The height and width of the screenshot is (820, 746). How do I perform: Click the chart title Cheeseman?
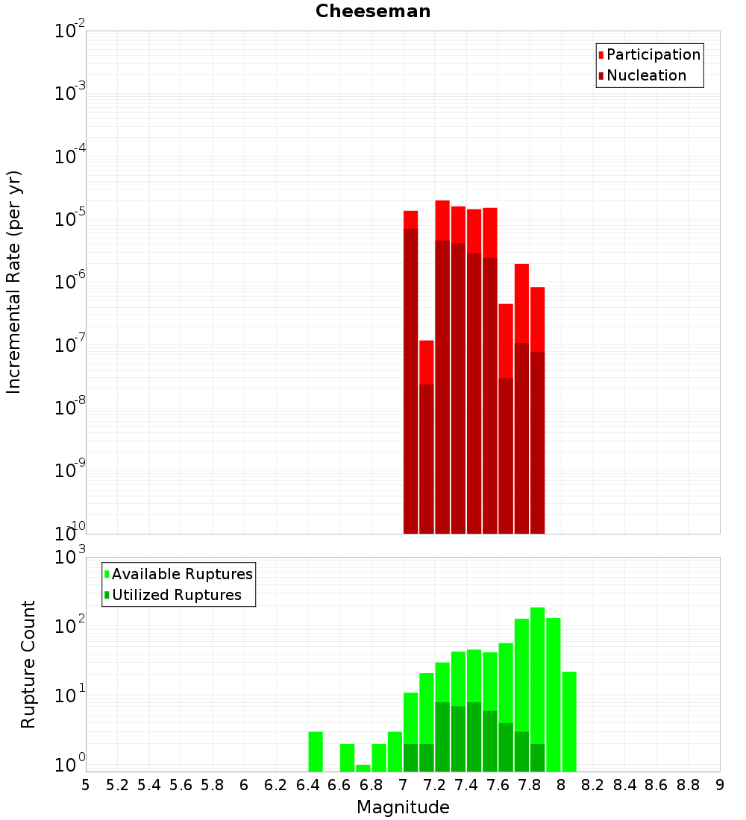click(373, 11)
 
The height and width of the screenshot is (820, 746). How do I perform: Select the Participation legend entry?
click(653, 54)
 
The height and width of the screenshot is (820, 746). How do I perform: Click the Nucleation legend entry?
click(645, 75)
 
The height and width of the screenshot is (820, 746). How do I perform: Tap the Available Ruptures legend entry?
click(181, 574)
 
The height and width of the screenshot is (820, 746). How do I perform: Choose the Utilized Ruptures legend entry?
click(176, 595)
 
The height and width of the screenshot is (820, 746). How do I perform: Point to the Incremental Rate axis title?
click(14, 282)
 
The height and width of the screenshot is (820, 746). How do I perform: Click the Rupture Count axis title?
click(28, 664)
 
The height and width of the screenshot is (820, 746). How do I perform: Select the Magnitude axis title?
click(403, 807)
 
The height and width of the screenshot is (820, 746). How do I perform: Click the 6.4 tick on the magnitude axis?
click(307, 785)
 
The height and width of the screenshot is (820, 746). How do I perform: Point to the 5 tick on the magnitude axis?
click(86, 785)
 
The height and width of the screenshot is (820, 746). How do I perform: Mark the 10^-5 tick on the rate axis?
click(69, 218)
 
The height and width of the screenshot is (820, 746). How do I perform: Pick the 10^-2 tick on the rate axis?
click(69, 31)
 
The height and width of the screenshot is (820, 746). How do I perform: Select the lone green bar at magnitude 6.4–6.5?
click(316, 751)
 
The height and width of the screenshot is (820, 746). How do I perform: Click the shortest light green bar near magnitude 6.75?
click(363, 768)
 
